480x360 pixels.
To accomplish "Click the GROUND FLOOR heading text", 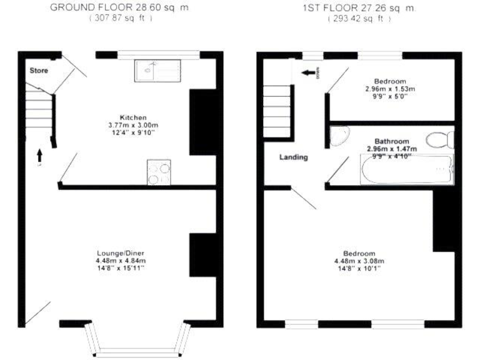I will click(119, 7).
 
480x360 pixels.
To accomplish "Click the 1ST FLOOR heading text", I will click(359, 7).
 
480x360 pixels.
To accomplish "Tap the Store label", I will click(39, 71).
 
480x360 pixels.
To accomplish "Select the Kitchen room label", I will click(133, 117).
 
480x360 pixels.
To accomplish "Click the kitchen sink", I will click(157, 71).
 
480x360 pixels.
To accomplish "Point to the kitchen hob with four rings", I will click(159, 172).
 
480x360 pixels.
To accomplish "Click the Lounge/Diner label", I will click(120, 253).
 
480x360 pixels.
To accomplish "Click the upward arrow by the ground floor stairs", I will click(39, 154).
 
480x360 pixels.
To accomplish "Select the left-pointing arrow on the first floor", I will click(307, 73).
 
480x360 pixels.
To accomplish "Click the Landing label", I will click(293, 157).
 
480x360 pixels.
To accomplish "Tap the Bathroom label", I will click(391, 141).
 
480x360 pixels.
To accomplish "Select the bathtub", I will click(406, 169).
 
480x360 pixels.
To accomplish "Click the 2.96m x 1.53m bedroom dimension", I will click(390, 89).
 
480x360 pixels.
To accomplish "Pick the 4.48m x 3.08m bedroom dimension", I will click(359, 261).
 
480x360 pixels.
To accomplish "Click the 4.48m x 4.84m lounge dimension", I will click(120, 261).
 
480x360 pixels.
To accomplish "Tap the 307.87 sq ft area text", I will click(119, 19).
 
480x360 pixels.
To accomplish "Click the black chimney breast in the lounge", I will click(202, 255).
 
